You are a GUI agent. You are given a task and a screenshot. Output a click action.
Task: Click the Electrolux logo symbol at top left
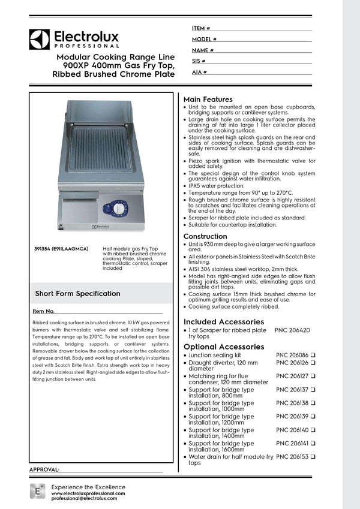pyautogui.click(x=39, y=39)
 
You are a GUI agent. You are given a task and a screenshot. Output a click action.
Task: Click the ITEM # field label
pyautogui.click(x=201, y=28)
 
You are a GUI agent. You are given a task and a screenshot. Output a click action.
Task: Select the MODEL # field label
pyautogui.click(x=204, y=39)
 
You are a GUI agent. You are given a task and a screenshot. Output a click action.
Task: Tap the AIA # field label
pyautogui.click(x=200, y=71)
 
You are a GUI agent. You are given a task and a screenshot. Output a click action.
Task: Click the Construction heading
pyautogui.click(x=205, y=236)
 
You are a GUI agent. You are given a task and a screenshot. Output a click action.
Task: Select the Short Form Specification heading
pyautogui.click(x=77, y=294)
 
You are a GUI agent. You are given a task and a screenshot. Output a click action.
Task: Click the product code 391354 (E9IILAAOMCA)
pyautogui.click(x=62, y=249)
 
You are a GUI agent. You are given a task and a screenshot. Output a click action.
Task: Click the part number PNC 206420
pyautogui.click(x=292, y=330)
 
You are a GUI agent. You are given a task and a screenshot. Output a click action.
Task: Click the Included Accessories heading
pyautogui.click(x=224, y=322)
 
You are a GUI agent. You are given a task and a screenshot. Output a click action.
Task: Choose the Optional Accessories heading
pyautogui.click(x=223, y=347)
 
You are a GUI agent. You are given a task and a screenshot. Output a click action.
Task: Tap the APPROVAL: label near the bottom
pyautogui.click(x=44, y=469)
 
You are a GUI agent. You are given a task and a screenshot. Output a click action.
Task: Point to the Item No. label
pyautogui.click(x=43, y=312)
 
